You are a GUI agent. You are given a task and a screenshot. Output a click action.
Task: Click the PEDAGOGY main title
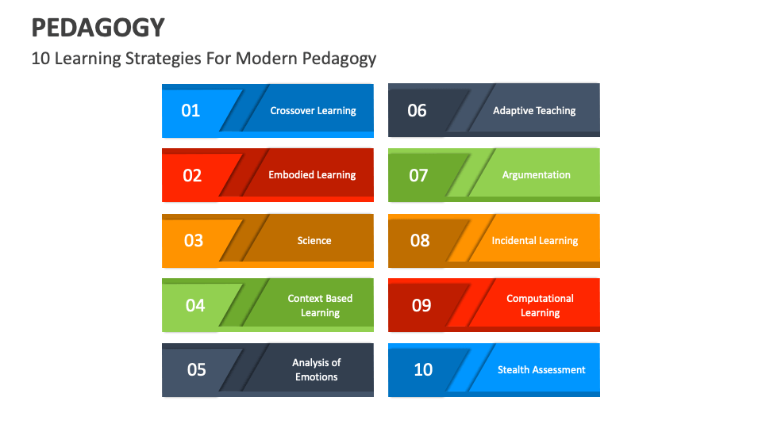pos(98,28)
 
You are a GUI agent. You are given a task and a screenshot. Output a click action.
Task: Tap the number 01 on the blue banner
pos(190,110)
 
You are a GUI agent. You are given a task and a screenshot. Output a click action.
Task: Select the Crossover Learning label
pos(313,111)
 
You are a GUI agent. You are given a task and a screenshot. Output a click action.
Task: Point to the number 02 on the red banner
pos(192,175)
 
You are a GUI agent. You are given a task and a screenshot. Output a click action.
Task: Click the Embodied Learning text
pos(312,175)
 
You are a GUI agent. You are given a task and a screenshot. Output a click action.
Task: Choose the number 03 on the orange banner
pos(194,240)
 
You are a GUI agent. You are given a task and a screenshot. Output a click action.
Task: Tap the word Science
pos(314,241)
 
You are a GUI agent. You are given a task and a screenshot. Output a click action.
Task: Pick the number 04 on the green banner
pos(194,305)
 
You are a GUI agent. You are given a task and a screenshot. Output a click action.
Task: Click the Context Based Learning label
pos(320,306)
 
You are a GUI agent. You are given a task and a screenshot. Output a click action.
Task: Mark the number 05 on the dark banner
pos(196,370)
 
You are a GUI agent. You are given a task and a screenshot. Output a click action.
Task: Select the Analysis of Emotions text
pos(317,370)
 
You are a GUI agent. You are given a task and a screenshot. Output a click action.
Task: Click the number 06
pos(417,110)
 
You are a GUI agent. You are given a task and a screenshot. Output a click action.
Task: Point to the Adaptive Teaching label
pos(534,111)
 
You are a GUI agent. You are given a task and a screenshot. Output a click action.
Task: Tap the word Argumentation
pos(537,175)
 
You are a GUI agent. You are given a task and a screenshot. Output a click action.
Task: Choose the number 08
pos(420,240)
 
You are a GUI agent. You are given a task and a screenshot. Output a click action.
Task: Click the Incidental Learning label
pos(535,241)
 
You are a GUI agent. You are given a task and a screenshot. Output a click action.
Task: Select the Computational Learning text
pos(540,306)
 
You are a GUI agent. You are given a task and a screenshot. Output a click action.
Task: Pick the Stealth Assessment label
pos(541,370)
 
